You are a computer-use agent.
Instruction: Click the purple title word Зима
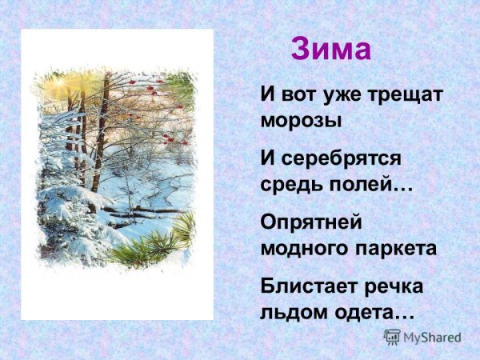tap(331, 50)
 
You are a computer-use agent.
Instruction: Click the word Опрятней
tap(311, 220)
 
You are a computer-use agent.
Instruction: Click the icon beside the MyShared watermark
tap(392, 336)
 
